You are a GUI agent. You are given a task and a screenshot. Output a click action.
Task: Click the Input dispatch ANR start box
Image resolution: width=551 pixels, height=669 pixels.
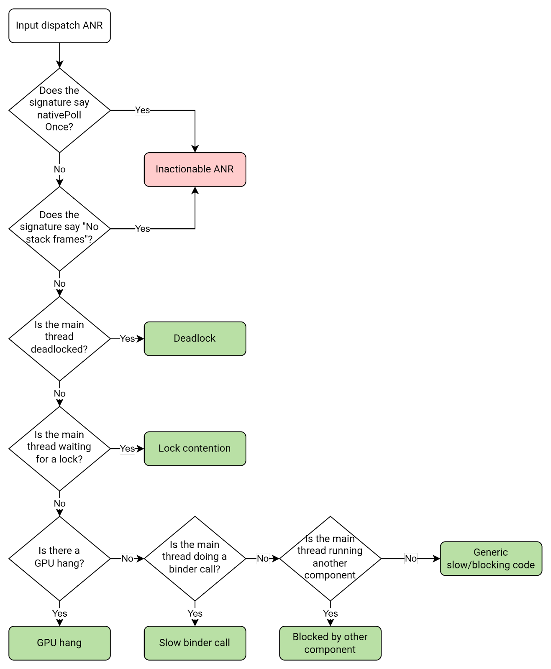click(x=59, y=26)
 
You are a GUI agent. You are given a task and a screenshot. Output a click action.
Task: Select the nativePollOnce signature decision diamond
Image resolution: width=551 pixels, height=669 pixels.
click(x=59, y=110)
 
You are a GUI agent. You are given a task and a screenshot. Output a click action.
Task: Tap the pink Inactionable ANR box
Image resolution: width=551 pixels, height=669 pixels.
click(x=195, y=169)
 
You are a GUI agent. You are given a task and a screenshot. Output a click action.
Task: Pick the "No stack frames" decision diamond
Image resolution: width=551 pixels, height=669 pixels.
click(x=59, y=228)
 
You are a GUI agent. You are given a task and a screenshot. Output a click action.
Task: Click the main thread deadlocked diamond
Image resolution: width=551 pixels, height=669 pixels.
click(x=59, y=338)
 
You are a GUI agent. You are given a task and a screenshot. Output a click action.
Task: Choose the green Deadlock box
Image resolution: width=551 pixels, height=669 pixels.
click(x=195, y=338)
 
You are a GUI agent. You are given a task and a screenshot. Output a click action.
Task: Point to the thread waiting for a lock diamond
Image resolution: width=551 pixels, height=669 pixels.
click(x=59, y=448)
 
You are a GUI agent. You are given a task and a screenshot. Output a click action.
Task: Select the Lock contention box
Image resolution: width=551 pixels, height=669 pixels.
click(x=195, y=448)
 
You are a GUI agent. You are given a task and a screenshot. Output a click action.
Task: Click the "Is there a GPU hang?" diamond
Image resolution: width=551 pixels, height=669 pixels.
click(x=59, y=558)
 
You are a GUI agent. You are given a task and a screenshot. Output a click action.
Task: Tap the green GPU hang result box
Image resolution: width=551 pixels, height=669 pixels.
click(x=59, y=643)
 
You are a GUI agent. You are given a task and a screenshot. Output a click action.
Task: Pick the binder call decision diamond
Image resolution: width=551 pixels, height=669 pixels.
click(x=195, y=558)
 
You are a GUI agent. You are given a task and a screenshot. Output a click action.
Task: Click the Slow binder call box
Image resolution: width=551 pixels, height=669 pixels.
click(x=195, y=643)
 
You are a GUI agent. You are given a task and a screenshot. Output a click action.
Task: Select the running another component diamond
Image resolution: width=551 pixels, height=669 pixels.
click(x=330, y=558)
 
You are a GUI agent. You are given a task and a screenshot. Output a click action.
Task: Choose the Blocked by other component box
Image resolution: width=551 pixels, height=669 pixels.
click(x=330, y=643)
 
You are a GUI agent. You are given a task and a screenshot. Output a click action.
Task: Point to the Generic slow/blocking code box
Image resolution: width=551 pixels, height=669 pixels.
click(x=491, y=558)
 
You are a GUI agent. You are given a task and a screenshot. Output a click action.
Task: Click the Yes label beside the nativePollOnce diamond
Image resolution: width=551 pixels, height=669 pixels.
click(x=142, y=110)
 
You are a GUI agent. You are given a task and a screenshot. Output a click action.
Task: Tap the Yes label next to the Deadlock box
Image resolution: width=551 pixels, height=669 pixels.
click(x=127, y=338)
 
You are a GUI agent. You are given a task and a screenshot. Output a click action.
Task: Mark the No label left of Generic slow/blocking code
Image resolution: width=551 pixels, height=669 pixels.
click(x=411, y=558)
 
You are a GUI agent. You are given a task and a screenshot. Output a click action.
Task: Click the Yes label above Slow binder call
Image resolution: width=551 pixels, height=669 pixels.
click(x=195, y=613)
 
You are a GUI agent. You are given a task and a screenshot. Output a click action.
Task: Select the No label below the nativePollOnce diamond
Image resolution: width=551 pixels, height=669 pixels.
click(x=59, y=169)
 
